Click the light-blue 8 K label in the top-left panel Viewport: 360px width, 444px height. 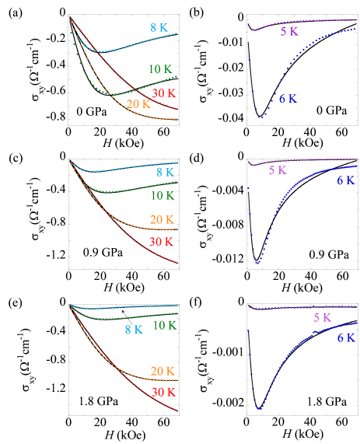(x=159, y=28)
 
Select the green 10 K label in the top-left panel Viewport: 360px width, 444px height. (x=160, y=69)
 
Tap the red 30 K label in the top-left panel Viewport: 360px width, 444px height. (x=163, y=93)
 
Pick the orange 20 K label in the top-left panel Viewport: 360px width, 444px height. (x=138, y=104)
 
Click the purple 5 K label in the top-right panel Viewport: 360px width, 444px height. (x=288, y=32)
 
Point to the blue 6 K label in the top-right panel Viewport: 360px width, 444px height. (x=288, y=99)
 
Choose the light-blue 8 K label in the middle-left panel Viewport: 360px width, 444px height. (x=164, y=172)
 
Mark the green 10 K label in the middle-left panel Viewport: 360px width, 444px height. (x=162, y=196)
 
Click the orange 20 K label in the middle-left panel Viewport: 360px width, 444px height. (x=162, y=220)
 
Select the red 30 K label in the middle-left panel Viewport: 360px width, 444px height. (x=162, y=242)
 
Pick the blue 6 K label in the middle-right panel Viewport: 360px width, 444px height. (x=346, y=180)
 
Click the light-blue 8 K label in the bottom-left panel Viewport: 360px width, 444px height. (x=134, y=330)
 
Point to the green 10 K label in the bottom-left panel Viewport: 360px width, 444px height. (x=165, y=325)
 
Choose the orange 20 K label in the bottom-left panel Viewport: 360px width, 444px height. (x=162, y=371)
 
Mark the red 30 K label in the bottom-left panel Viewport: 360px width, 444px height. (x=163, y=392)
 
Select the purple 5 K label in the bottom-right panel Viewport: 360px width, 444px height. (x=322, y=317)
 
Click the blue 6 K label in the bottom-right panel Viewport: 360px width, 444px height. (x=346, y=337)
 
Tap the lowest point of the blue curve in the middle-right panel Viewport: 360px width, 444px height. (x=257, y=263)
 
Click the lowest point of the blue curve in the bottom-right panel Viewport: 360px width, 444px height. (x=259, y=408)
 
